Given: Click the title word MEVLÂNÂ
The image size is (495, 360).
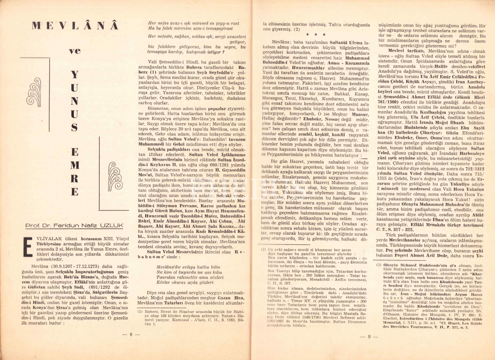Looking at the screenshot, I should pyautogui.click(x=75, y=26).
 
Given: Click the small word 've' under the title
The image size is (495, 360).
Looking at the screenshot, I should pyautogui.click(x=75, y=51).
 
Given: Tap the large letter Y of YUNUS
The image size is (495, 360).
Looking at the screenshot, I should pyautogui.click(x=75, y=75).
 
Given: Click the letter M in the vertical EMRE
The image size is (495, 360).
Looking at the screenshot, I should pyautogui.click(x=75, y=165).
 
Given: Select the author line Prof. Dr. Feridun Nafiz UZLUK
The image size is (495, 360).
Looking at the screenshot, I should pyautogui.click(x=74, y=226).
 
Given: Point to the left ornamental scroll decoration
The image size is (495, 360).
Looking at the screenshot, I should pyautogui.click(x=35, y=92).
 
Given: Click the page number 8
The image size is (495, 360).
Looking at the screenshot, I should pyautogui.click(x=131, y=334).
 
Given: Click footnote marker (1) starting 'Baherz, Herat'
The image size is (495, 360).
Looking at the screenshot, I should pyautogui.click(x=140, y=311).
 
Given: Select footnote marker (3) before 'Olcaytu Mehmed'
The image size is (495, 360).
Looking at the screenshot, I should pyautogui.click(x=379, y=265).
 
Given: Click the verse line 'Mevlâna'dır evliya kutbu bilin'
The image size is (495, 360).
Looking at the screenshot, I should pyautogui.click(x=188, y=267).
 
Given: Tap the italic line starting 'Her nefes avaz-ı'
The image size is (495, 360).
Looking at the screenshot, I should pyautogui.click(x=194, y=23).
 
